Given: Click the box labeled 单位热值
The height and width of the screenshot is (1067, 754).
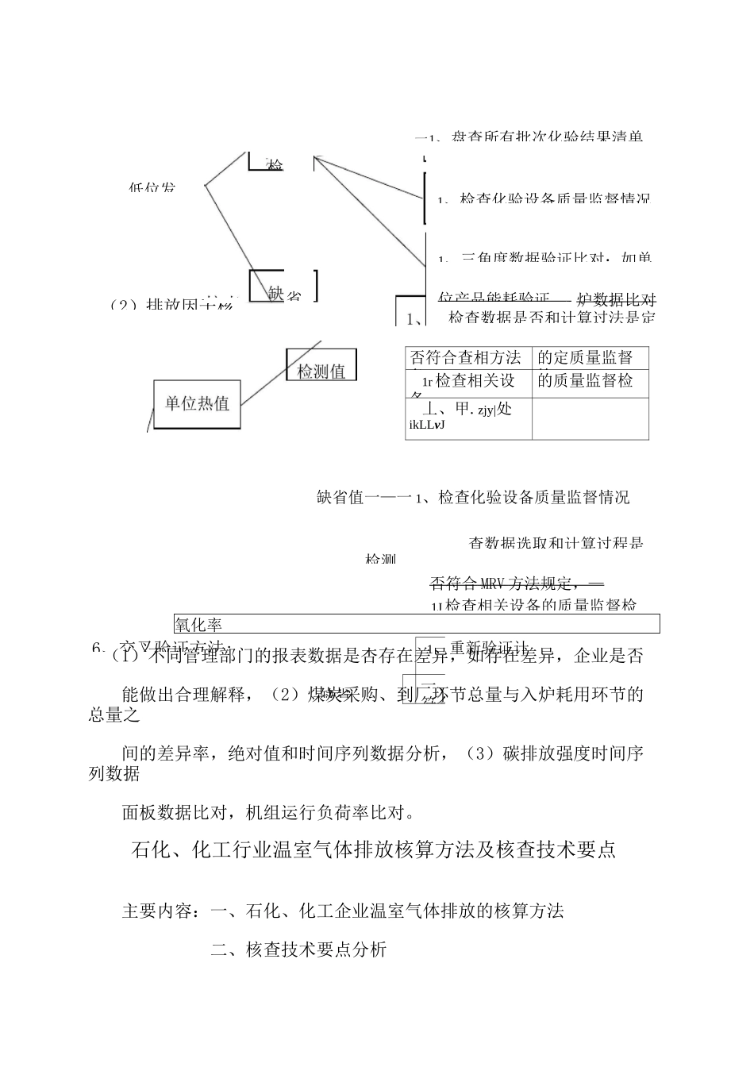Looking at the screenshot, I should point(197,404).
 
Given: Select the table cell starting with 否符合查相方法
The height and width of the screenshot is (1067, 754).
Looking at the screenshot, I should point(467,357).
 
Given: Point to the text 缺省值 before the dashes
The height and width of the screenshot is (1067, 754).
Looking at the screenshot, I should point(340,497).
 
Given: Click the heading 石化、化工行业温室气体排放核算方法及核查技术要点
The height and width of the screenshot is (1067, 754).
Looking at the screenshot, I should point(373,850).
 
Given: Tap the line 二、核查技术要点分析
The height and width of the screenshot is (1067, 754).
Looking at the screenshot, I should point(298,949).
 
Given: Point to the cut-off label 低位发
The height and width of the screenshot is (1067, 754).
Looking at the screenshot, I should point(152,188).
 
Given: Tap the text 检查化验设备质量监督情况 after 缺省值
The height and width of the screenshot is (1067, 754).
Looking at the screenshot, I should point(533,497).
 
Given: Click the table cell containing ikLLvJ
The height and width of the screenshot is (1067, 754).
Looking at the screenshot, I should point(467,418).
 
